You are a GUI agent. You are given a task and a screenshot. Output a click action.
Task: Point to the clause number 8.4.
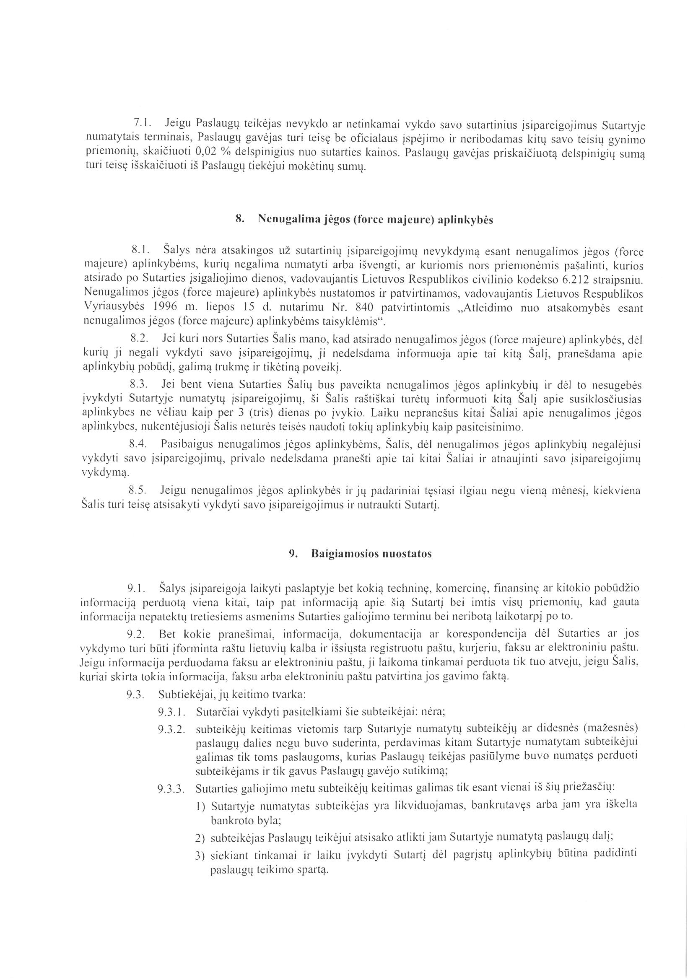(138, 444)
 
